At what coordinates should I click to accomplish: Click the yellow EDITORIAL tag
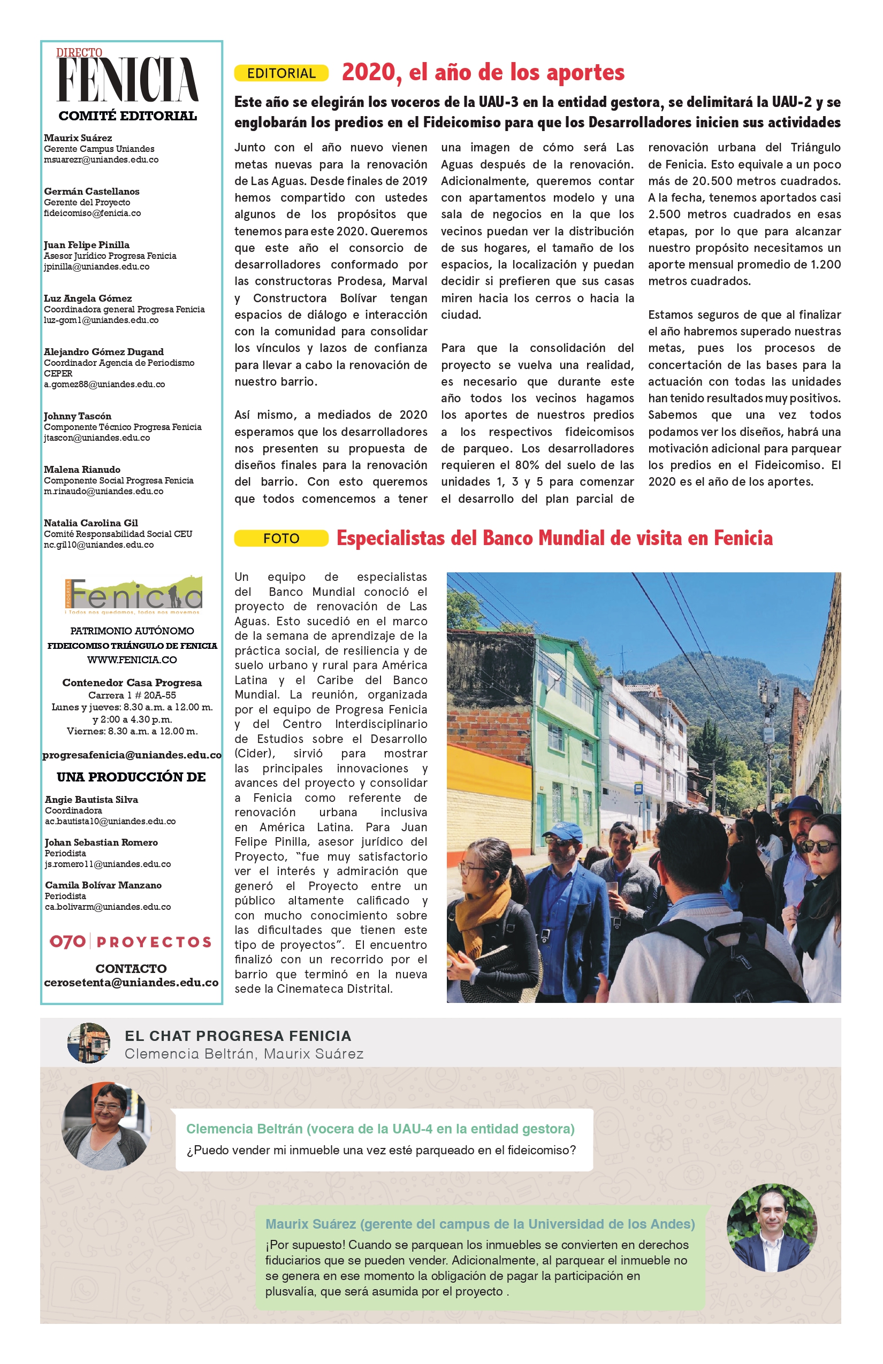coord(281,73)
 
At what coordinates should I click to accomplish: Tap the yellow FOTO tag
coord(281,538)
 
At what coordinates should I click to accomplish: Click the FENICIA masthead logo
coord(127,79)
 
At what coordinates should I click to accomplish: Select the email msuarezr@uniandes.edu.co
coord(101,160)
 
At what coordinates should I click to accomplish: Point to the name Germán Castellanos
coord(92,191)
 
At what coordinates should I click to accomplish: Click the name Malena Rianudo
coord(82,470)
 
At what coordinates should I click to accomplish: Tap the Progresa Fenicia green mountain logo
coord(133,594)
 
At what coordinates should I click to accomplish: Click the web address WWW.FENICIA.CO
coord(132,660)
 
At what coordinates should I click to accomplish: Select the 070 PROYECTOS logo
coord(131,941)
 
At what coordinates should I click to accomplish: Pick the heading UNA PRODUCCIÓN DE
coord(131,777)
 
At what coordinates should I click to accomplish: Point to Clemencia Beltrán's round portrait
coord(106,1125)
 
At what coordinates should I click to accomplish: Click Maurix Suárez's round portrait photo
coord(771,1228)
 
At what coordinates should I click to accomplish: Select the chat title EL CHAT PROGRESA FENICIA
coord(238,1036)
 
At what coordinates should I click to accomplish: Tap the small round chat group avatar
coord(89,1043)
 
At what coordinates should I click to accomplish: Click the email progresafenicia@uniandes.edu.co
coord(132,755)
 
